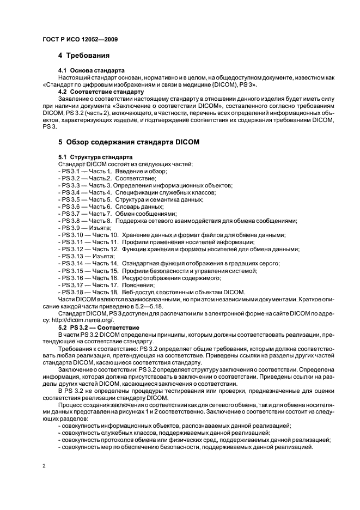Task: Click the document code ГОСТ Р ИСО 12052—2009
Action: (x=80, y=40)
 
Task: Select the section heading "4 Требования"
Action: (x=84, y=56)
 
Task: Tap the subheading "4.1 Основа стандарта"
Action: (x=91, y=71)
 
